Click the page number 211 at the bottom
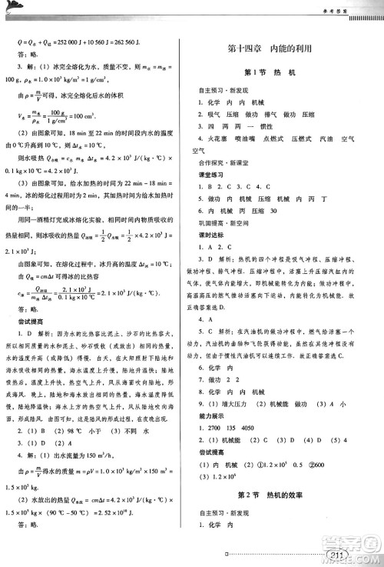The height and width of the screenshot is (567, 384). pyautogui.click(x=336, y=555)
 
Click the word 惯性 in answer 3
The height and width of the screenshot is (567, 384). pyautogui.click(x=268, y=125)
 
